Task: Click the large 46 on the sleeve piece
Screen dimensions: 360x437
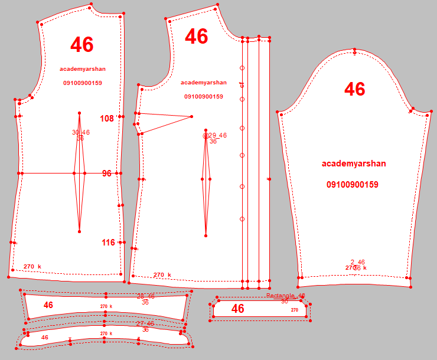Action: coord(354,89)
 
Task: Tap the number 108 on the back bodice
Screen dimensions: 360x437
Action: coord(107,119)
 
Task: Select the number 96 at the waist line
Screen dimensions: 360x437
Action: coord(107,174)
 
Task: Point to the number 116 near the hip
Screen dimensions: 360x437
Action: coord(108,243)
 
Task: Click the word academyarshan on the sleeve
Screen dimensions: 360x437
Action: coord(354,163)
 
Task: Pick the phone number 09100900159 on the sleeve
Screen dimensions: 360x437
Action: coord(353,185)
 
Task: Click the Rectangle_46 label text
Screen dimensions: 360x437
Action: coord(285,296)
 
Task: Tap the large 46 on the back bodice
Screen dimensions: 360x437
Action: coord(81,44)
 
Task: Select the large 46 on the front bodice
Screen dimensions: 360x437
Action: coord(197,37)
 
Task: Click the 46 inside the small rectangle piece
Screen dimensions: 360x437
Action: coord(238,309)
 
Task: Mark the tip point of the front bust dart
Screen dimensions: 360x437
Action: coord(192,116)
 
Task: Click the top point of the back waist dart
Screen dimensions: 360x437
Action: coord(80,113)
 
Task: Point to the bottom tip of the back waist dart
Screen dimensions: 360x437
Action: coord(80,230)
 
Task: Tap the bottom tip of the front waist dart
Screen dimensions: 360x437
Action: coord(206,236)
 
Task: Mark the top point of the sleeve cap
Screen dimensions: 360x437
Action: coord(354,50)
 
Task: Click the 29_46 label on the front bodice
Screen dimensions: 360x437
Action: coord(217,135)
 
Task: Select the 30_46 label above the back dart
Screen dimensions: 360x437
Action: coord(81,132)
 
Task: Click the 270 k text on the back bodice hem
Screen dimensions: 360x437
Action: coord(32,267)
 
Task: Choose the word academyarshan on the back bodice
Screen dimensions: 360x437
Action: coord(83,69)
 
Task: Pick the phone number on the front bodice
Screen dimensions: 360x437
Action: coord(204,96)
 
